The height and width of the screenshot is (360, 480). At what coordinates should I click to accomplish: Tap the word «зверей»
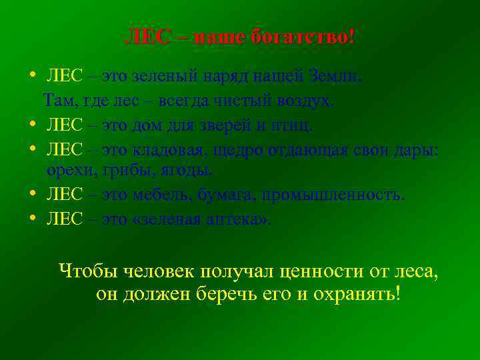pos(237,125)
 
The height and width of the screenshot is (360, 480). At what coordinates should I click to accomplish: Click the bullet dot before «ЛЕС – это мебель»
pos(33,195)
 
